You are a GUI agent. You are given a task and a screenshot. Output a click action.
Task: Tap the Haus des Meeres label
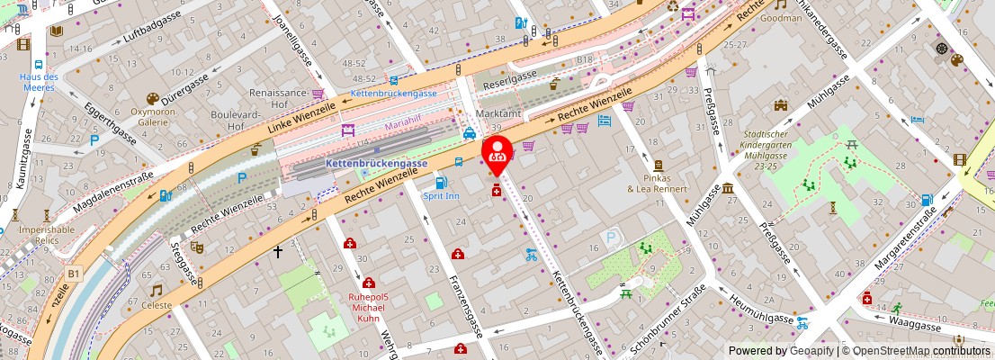(x=39, y=83)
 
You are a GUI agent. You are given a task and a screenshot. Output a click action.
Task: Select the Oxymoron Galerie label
(x=152, y=117)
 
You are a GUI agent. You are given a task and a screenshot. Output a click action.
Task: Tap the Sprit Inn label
(x=441, y=195)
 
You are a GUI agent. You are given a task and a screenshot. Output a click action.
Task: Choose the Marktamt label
(x=498, y=114)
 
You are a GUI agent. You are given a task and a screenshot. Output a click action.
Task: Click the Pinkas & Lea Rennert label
(x=658, y=183)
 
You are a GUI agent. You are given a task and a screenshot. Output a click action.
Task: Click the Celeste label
(x=157, y=305)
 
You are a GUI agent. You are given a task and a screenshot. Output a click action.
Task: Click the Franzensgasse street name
(x=466, y=306)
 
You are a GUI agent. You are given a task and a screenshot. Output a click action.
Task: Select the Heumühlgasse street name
(x=760, y=308)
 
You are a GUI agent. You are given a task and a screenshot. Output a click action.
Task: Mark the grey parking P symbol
(x=612, y=238)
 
